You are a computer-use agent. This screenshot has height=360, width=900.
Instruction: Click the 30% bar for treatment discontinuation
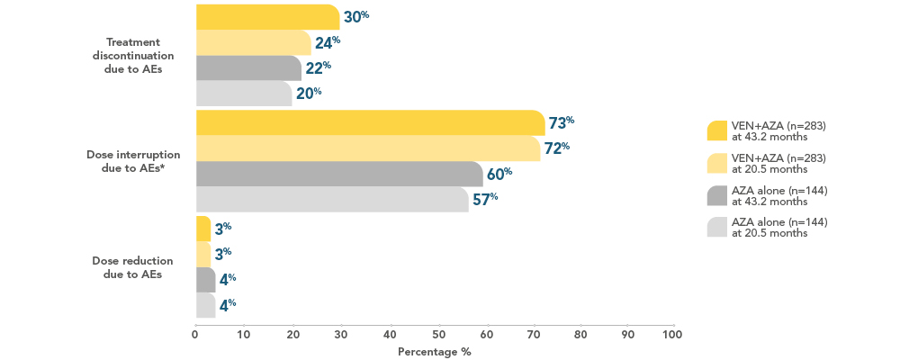coord(267,17)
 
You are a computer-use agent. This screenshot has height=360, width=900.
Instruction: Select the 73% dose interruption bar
coord(369,122)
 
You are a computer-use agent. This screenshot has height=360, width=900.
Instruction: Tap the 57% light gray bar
coord(331,199)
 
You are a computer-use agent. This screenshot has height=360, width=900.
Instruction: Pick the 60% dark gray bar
coord(338,174)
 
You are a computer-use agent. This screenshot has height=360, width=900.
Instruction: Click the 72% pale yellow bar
coord(367,148)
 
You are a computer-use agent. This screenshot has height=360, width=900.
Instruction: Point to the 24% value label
coord(327,42)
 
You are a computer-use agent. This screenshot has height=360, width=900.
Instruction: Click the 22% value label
coord(318,67)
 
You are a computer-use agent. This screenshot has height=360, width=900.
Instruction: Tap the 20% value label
coord(309,93)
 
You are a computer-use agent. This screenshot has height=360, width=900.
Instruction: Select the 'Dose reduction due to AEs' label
coord(134,267)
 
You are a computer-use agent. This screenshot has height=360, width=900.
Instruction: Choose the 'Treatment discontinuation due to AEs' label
coord(134,56)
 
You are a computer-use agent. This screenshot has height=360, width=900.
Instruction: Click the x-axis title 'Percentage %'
coord(435,352)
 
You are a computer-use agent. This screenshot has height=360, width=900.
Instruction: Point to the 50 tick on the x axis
coord(439,336)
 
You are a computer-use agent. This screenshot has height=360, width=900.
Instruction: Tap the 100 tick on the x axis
coord(671,336)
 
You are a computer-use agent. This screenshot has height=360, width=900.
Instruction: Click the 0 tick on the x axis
coord(195,336)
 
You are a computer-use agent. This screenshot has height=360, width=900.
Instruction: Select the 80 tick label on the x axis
coord(581,336)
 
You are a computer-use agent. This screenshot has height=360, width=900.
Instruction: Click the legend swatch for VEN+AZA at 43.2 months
coord(717,130)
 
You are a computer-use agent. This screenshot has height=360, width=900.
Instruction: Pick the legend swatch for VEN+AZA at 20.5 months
coord(717,163)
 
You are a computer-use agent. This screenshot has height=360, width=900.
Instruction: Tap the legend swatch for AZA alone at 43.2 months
coord(717,195)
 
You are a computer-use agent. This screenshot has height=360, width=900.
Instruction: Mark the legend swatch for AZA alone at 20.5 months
coord(717,228)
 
